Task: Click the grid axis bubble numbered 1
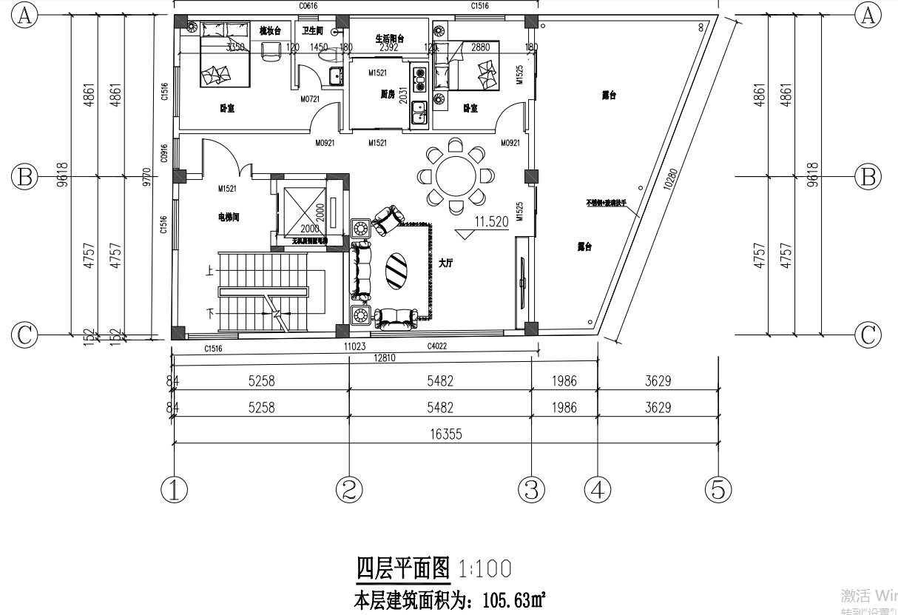pyautogui.click(x=174, y=489)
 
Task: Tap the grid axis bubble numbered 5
pyautogui.click(x=718, y=489)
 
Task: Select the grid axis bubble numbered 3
pyautogui.click(x=532, y=489)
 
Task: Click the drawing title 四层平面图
pyautogui.click(x=403, y=568)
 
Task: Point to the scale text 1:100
pyautogui.click(x=485, y=569)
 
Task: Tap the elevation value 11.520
pyautogui.click(x=492, y=221)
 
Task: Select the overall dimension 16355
pyautogui.click(x=444, y=434)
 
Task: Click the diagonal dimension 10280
pyautogui.click(x=670, y=180)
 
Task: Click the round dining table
pyautogui.click(x=456, y=176)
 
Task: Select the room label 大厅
pyautogui.click(x=445, y=263)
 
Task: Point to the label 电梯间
pyautogui.click(x=229, y=218)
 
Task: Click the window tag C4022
pyautogui.click(x=437, y=346)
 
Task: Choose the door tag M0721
pyautogui.click(x=309, y=98)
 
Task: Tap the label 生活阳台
pyautogui.click(x=389, y=38)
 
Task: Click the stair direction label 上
pyautogui.click(x=211, y=272)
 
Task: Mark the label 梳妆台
pyautogui.click(x=270, y=31)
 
